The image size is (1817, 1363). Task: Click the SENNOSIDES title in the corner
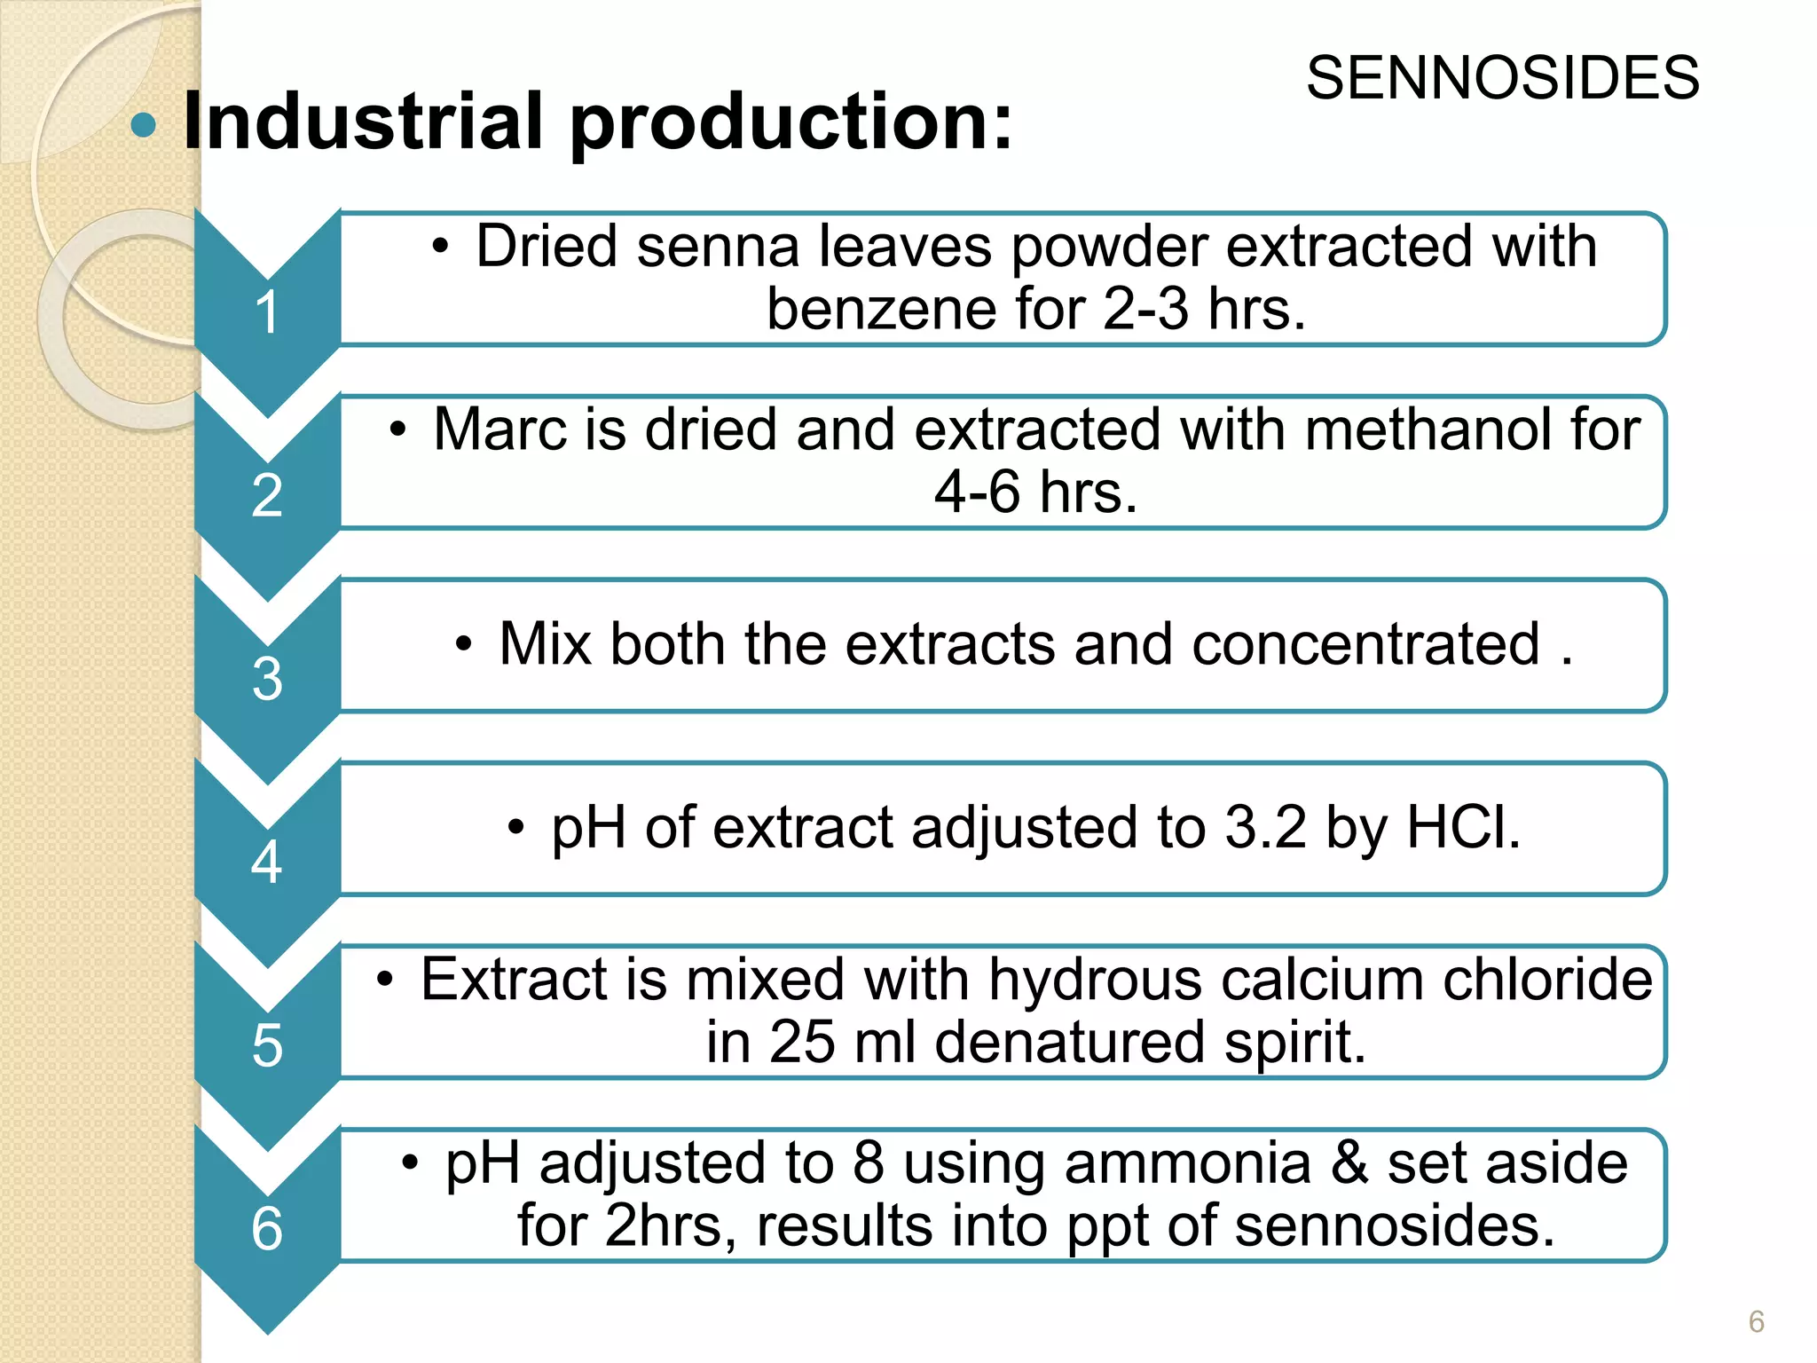coord(1502,78)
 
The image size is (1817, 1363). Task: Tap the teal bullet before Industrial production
coord(143,125)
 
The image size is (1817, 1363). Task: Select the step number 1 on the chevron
coord(267,312)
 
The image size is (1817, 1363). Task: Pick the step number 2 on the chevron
coord(267,495)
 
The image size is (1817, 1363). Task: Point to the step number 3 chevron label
coord(267,679)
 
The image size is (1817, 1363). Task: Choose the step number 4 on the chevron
coord(267,862)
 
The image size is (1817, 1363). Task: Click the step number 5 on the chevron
coord(267,1045)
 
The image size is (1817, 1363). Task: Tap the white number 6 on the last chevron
coord(267,1229)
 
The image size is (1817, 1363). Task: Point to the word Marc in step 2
coord(499,429)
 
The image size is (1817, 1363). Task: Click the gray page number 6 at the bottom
coord(1756,1321)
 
